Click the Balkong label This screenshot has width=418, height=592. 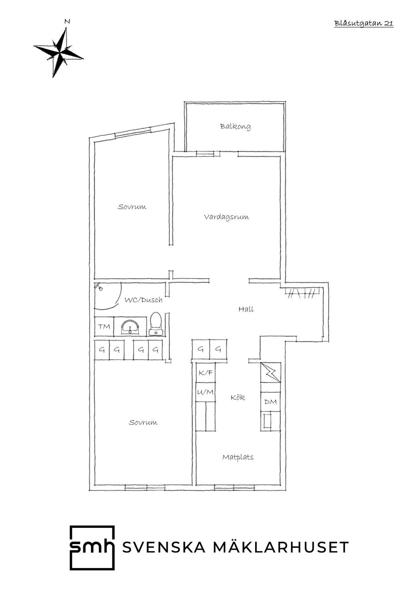[x=235, y=126]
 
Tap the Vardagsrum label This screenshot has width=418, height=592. [x=226, y=217]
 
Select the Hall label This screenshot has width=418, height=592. [x=246, y=309]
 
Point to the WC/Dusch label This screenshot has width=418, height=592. [x=144, y=300]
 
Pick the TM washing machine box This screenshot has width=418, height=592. [x=104, y=327]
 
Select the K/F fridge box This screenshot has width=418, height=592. [x=206, y=373]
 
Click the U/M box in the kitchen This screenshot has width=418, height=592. [x=206, y=392]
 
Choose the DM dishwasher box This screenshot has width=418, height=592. [x=270, y=402]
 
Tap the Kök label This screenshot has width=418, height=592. [x=237, y=398]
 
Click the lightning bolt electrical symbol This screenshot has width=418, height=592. [x=270, y=373]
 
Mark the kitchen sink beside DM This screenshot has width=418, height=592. [x=267, y=421]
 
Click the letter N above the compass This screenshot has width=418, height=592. [x=67, y=21]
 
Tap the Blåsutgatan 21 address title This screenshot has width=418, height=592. [x=364, y=23]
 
